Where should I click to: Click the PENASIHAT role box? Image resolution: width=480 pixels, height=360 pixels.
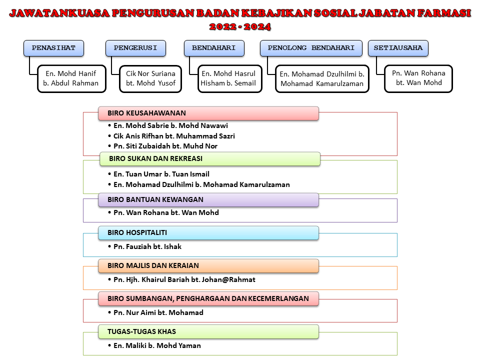pos(53,48)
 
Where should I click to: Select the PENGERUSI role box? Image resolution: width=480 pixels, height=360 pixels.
pos(135,48)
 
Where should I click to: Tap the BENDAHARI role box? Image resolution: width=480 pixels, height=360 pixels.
pos(214,48)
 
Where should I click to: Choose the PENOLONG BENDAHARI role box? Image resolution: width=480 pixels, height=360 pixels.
pos(311,48)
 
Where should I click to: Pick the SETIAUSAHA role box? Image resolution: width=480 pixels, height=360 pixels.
pos(398,48)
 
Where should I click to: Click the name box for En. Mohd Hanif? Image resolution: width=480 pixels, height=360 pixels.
pos(71,78)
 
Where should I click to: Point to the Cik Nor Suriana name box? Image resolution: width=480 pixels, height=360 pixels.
pos(150,78)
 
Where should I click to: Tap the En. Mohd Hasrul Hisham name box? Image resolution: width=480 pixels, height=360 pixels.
pos(228,78)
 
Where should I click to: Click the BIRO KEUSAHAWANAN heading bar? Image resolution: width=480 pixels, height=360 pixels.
pos(208,113)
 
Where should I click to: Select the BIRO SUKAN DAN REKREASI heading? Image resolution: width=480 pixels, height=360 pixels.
pos(209,159)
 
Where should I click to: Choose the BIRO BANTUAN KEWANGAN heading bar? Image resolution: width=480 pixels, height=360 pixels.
pos(208,200)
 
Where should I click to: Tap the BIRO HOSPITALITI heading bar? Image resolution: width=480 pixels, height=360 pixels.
pos(208,233)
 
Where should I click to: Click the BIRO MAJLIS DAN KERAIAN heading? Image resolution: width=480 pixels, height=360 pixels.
pos(208,266)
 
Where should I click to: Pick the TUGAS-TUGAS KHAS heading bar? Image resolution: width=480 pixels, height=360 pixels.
pos(208,331)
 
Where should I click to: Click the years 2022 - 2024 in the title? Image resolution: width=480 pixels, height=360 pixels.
pos(240,26)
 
